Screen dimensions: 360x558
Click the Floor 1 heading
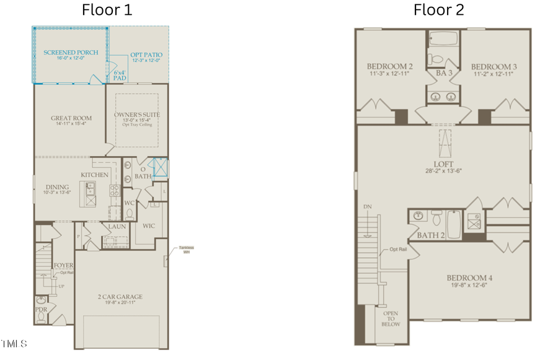click(x=108, y=10)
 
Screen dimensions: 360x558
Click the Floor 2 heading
click(x=439, y=10)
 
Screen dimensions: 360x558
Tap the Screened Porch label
click(x=70, y=53)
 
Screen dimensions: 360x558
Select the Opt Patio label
click(x=146, y=56)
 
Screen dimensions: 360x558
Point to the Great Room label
click(x=71, y=118)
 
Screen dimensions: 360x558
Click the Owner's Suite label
click(x=138, y=115)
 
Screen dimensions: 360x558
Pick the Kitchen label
click(x=95, y=175)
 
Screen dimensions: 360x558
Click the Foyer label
click(x=63, y=265)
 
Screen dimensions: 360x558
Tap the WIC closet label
click(x=148, y=226)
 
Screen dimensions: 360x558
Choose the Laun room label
click(x=117, y=227)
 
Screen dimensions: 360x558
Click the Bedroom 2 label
click(x=389, y=67)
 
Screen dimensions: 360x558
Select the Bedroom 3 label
click(x=494, y=67)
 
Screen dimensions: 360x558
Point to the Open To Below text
click(x=391, y=318)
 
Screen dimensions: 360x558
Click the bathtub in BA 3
click(x=443, y=39)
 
